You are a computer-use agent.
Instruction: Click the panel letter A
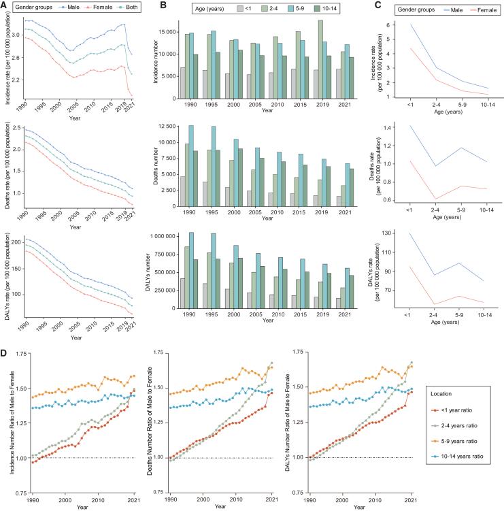(x=5, y=6)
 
